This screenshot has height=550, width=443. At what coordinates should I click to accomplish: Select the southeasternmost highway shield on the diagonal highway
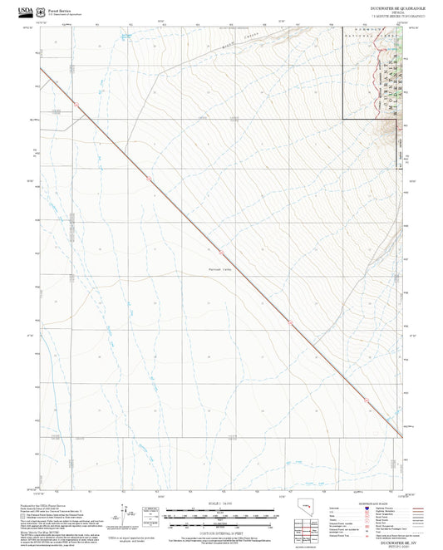coord(362,400)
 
